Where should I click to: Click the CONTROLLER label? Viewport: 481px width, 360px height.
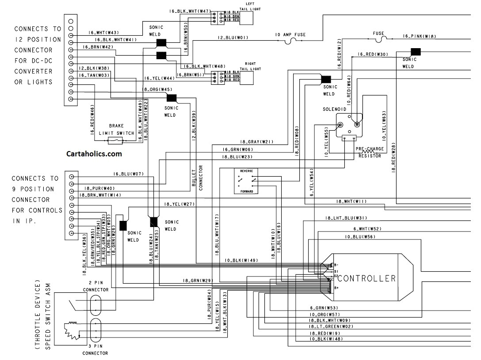click(x=366, y=279)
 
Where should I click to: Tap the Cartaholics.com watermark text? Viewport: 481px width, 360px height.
click(x=94, y=154)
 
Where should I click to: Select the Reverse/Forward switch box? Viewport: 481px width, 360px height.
click(x=246, y=181)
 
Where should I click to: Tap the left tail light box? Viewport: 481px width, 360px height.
click(x=246, y=17)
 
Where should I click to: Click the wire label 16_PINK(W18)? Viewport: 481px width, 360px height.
click(x=420, y=37)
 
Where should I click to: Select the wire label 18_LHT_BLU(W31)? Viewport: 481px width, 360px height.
click(x=346, y=218)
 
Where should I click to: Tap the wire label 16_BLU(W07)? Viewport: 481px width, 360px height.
click(x=128, y=174)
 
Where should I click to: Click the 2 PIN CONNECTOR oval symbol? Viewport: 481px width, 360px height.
click(x=95, y=305)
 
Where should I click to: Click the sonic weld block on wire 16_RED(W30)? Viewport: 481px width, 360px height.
click(x=416, y=52)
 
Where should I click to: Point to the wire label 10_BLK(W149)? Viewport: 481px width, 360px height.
click(x=241, y=260)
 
